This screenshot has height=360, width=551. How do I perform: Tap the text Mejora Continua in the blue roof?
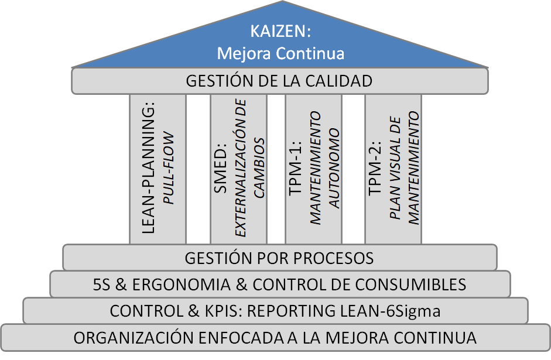280,53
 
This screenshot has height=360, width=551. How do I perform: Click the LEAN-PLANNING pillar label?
149,170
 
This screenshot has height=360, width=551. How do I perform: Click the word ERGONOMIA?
182,284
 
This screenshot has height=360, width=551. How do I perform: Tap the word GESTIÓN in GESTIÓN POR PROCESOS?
217,258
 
